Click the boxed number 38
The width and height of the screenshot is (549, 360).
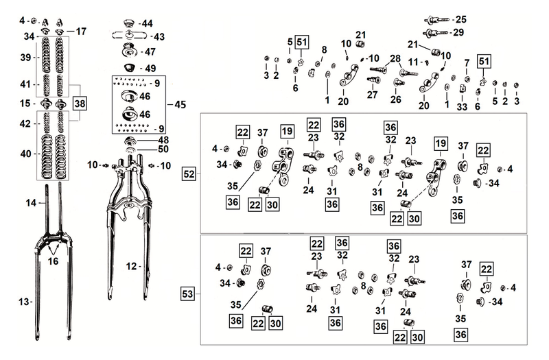[x=80, y=104]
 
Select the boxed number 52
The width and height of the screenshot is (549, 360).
[x=189, y=174]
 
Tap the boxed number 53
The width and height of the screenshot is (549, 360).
[x=187, y=293]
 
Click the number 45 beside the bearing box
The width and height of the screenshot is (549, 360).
[x=180, y=105]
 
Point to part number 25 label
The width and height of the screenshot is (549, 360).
[x=460, y=20]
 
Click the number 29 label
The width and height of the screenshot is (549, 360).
[x=458, y=32]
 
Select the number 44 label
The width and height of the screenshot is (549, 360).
[x=147, y=23]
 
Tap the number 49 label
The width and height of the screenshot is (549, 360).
[x=150, y=68]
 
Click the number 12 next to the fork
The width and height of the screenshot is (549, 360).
[x=131, y=267]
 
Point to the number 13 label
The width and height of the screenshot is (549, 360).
[x=24, y=302]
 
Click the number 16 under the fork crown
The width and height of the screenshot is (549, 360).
[x=53, y=261]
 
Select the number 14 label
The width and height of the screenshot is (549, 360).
[x=31, y=202]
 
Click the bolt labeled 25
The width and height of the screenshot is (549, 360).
[x=438, y=20]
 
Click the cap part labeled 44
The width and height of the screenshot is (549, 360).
[x=129, y=25]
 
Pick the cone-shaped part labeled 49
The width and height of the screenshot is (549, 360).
[x=130, y=67]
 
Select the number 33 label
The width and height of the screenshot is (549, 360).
[x=462, y=107]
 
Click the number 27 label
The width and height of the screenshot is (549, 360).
[x=372, y=95]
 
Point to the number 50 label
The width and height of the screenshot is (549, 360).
[x=163, y=149]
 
